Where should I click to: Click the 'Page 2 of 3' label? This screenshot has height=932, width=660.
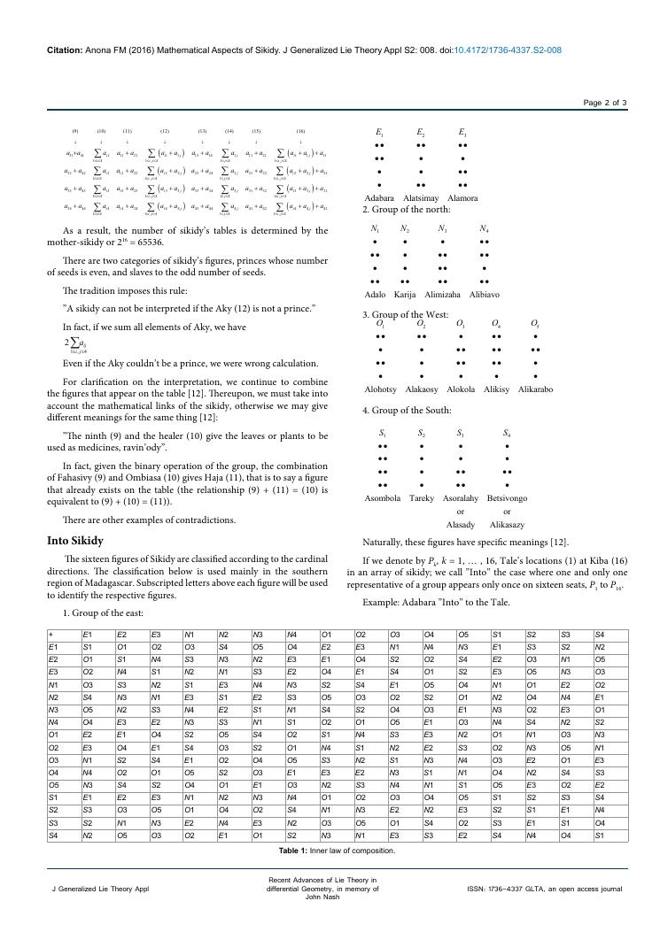coord(605,103)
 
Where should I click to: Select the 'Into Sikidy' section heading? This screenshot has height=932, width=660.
coord(75,540)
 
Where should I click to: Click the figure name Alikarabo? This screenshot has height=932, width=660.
coord(535,389)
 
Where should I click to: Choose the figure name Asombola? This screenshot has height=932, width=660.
coord(383,499)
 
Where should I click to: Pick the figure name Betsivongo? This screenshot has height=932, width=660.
coord(507,499)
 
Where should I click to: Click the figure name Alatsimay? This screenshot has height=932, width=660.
coord(421,198)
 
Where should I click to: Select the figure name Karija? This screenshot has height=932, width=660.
coord(405,294)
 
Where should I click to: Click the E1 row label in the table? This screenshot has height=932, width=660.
coord(54,648)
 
